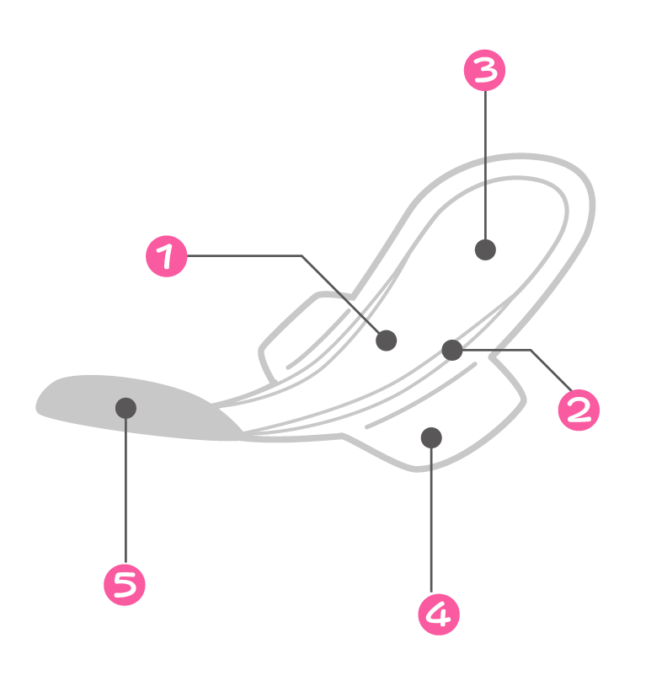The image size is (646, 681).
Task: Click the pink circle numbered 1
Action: (x=166, y=256)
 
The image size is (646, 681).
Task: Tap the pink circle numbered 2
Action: (x=579, y=410)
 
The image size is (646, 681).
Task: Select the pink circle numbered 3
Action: (x=484, y=70)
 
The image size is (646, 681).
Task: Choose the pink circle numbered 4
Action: (x=439, y=614)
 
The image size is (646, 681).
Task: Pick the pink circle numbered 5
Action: (x=125, y=585)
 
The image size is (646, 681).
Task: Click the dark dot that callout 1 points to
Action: (x=386, y=340)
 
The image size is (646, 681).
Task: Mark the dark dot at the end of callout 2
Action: (x=452, y=350)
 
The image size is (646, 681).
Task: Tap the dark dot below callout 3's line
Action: (x=485, y=249)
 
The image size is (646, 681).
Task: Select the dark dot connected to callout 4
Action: (x=431, y=437)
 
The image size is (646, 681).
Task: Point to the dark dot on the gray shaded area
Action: (x=125, y=408)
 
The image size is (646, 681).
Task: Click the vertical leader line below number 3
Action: (x=485, y=165)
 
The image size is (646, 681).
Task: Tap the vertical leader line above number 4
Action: (x=431, y=520)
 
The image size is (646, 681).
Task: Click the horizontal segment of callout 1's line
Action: (x=244, y=256)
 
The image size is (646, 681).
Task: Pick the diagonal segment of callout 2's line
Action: (x=552, y=370)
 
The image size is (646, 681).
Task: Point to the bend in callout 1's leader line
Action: (x=302, y=256)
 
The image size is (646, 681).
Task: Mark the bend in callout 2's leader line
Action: (x=531, y=350)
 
